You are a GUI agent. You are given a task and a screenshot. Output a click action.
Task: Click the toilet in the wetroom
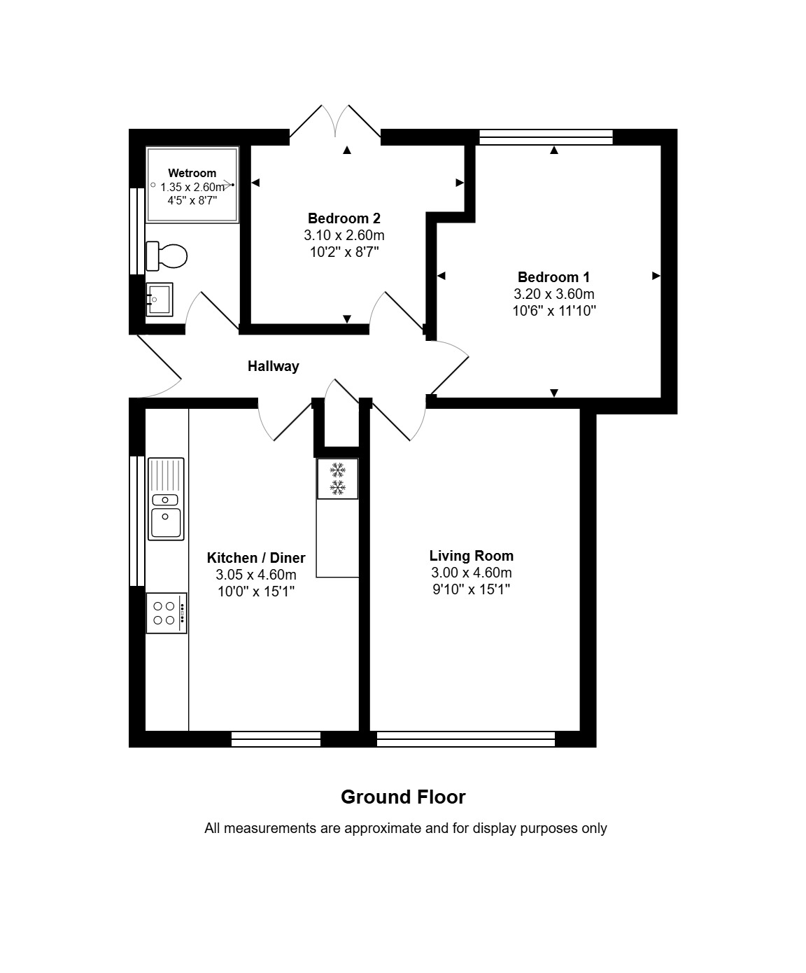pyautogui.click(x=167, y=255)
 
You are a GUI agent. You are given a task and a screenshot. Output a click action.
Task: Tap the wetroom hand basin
pyautogui.click(x=160, y=299)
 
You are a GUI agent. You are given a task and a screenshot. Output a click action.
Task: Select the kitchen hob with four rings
pyautogui.click(x=167, y=612)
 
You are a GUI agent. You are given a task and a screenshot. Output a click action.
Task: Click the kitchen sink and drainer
pyautogui.click(x=166, y=499)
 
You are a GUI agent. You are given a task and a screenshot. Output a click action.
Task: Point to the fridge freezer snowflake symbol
pyautogui.click(x=337, y=479)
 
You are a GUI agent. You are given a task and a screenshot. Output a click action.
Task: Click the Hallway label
pyautogui.click(x=274, y=366)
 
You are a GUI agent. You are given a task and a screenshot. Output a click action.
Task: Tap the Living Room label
pyautogui.click(x=472, y=556)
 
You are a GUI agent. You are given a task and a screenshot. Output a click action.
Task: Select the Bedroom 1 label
pyautogui.click(x=554, y=277)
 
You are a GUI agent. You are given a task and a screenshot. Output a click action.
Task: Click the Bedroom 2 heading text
pyautogui.click(x=344, y=218)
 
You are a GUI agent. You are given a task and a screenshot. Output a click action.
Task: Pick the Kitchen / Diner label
pyautogui.click(x=256, y=557)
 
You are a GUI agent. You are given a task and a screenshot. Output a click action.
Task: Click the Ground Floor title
pyautogui.click(x=404, y=797)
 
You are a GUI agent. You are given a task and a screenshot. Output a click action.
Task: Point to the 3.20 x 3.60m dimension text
pyautogui.click(x=554, y=294)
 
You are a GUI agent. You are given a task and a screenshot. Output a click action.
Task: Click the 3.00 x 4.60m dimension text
pyautogui.click(x=472, y=572)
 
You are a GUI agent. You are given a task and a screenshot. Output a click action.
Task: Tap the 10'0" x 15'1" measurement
pyautogui.click(x=256, y=591)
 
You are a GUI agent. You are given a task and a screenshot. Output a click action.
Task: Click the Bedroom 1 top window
pyautogui.click(x=546, y=137)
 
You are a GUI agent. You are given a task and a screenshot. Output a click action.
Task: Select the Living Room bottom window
pyautogui.click(x=466, y=738)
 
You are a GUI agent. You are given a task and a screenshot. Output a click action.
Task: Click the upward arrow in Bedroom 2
pyautogui.click(x=346, y=150)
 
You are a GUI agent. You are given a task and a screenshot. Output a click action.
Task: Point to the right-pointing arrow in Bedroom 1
pyautogui.click(x=656, y=276)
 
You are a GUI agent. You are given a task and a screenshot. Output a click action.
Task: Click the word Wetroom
pyautogui.click(x=192, y=173)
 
